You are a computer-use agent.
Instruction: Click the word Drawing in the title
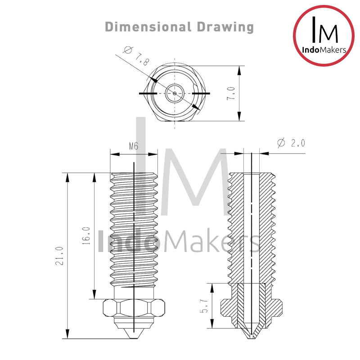coord(225,27)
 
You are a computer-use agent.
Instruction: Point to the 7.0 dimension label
coord(231,94)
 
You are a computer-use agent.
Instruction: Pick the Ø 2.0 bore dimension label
coord(291,143)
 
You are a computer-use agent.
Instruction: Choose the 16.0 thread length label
coord(86,236)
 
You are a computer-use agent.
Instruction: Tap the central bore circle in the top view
coord(175,93)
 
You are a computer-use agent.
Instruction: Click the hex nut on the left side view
coord(134,308)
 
